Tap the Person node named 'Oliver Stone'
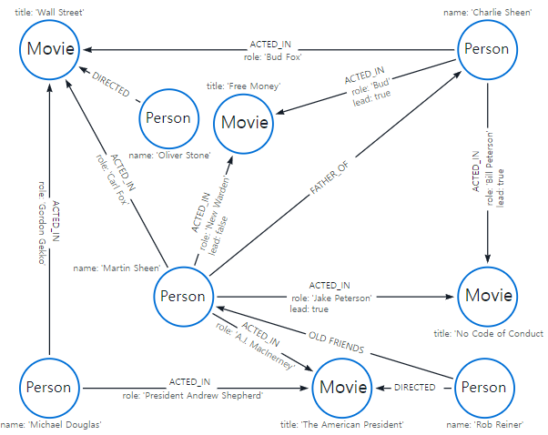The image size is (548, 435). point(168,117)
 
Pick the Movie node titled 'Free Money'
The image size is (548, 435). point(246,122)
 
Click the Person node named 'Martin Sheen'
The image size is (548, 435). point(184,296)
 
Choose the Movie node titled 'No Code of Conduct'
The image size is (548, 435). point(489,296)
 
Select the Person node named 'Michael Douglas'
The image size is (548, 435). point(47,387)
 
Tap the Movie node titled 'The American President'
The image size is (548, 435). point(343,387)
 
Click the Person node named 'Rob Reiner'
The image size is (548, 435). point(483,387)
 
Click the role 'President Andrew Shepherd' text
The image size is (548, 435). point(192,396)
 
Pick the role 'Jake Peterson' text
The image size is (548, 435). point(332,298)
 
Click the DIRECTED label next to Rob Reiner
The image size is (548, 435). point(415,387)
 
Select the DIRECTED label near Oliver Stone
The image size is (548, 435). point(109,88)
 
